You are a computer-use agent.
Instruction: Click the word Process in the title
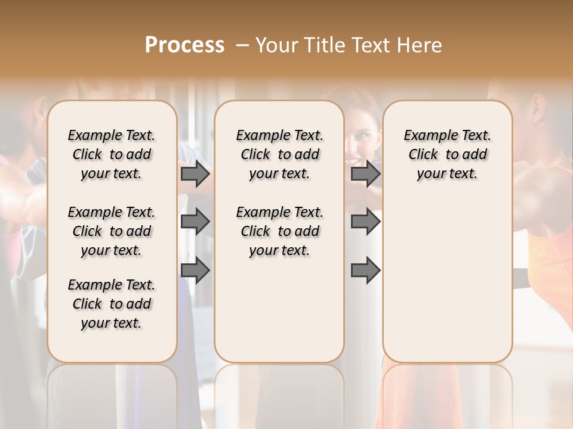(184, 45)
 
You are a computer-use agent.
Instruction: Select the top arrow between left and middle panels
(195, 174)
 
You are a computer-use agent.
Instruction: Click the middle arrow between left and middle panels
(195, 222)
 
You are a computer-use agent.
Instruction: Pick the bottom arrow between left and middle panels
(195, 271)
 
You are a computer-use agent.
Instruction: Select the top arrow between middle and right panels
(365, 174)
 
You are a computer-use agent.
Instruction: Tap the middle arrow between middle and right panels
(365, 222)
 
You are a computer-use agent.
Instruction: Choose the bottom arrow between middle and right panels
(365, 271)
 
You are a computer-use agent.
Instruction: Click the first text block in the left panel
(112, 154)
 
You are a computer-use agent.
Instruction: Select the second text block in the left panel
(112, 231)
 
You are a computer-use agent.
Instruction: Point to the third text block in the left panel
(112, 304)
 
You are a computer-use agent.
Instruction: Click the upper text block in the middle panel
(279, 154)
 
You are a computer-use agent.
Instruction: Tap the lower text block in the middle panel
(279, 231)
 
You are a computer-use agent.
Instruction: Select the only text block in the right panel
(447, 154)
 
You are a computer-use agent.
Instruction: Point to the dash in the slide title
(242, 45)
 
